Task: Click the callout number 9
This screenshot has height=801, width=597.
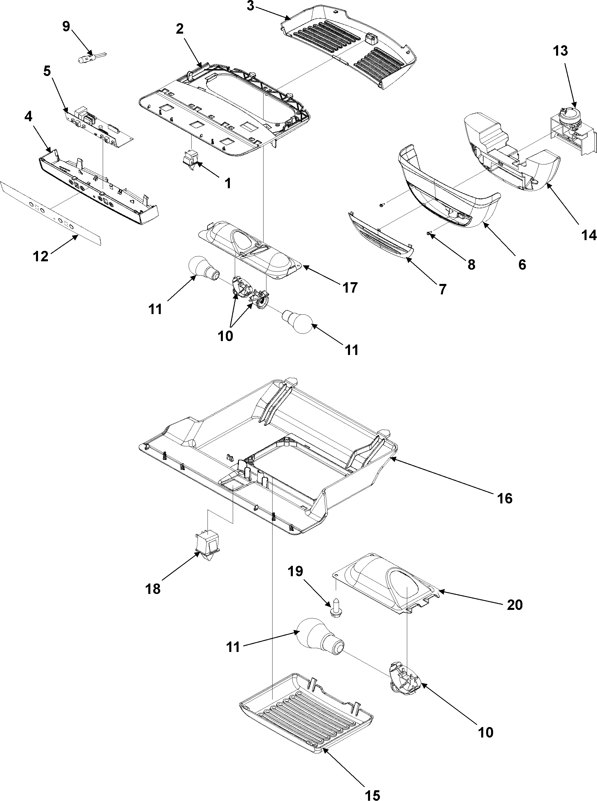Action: [x=66, y=27]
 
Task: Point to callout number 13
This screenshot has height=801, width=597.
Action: [x=560, y=51]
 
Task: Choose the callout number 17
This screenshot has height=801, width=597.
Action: [x=350, y=287]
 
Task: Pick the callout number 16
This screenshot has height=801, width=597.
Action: [x=504, y=498]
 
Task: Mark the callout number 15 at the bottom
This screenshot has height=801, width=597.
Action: [x=373, y=793]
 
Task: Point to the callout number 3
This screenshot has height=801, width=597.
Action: [x=250, y=6]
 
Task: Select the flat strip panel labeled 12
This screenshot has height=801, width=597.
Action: [x=50, y=213]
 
